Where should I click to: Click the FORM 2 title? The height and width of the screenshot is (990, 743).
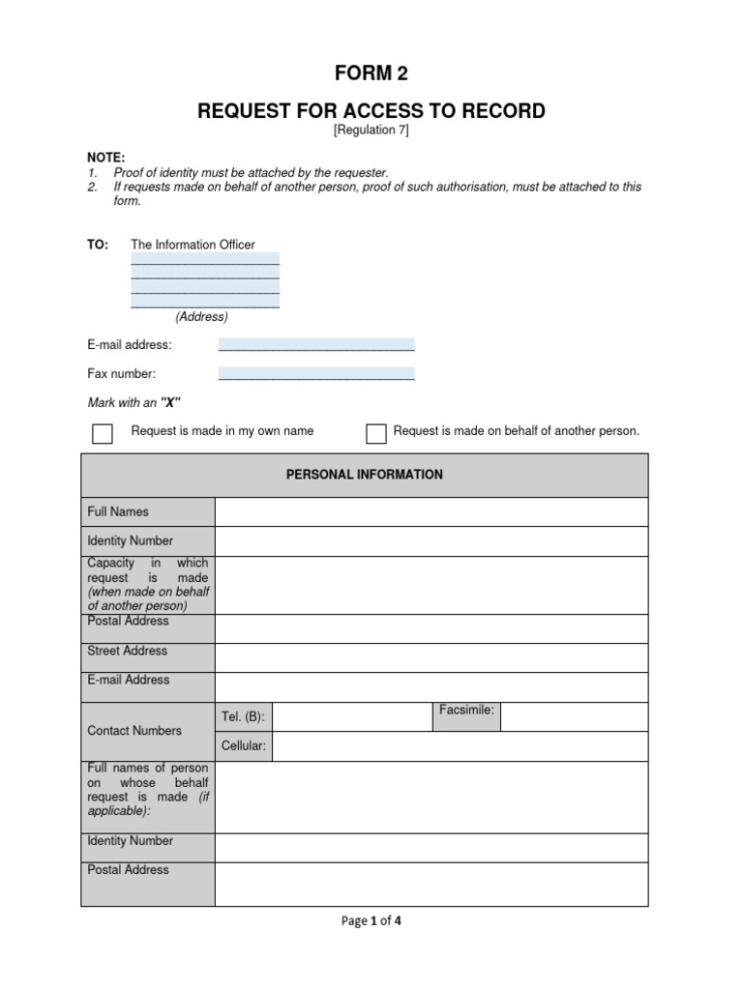[371, 73]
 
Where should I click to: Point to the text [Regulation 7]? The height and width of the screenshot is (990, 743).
[371, 131]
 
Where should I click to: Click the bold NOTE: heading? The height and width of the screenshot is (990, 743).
[106, 158]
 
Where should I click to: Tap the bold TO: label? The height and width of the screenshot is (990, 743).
[99, 245]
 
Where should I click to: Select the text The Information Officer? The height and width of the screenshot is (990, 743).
[193, 245]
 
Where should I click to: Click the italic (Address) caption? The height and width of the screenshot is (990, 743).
[201, 316]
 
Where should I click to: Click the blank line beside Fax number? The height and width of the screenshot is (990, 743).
[316, 373]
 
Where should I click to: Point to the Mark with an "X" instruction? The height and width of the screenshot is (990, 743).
[134, 402]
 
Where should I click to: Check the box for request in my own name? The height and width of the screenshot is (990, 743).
[102, 433]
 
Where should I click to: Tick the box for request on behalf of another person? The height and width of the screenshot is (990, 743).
[375, 433]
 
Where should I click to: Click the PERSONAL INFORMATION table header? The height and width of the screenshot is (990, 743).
[364, 475]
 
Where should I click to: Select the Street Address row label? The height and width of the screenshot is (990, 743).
[128, 651]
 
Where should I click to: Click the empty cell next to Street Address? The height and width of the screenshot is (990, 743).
[431, 657]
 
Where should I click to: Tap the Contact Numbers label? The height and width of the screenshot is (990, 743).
[134, 731]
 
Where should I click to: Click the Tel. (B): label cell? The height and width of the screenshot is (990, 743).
[243, 717]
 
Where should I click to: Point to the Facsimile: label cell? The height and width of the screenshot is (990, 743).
[466, 711]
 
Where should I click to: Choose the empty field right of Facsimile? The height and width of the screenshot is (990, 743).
[574, 716]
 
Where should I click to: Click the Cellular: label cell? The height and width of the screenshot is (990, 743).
[243, 746]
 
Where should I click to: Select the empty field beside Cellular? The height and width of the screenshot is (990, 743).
[460, 746]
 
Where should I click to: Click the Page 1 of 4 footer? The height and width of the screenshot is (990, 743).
[371, 921]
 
